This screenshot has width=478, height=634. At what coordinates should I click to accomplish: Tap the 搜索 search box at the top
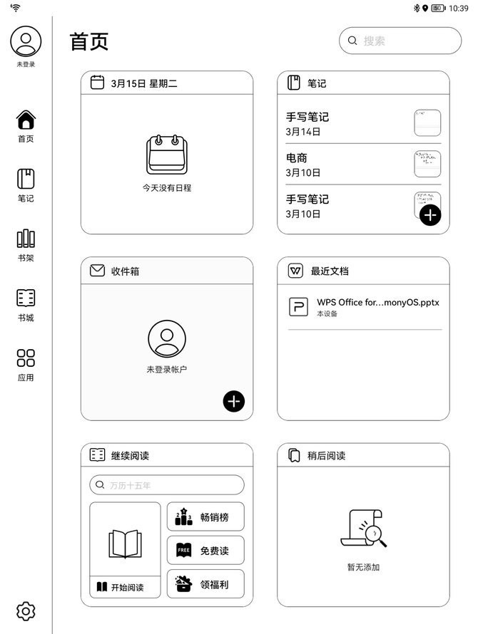(400, 41)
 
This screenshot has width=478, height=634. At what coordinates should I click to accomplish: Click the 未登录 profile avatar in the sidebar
(26, 41)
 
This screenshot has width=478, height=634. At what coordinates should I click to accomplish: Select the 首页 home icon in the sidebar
(26, 120)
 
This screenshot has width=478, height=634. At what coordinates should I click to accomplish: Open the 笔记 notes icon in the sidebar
(26, 179)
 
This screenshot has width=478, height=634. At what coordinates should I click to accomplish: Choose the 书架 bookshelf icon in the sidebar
(26, 239)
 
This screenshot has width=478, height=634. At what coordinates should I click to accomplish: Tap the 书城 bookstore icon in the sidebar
(26, 298)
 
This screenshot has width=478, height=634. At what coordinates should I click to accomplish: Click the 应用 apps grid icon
(26, 358)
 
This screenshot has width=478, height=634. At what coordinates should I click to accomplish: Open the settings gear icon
(26, 611)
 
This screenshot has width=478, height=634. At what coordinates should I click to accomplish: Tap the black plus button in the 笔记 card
(430, 214)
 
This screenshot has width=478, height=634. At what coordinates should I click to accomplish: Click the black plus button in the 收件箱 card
(234, 401)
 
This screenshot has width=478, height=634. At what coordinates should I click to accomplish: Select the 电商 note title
(297, 157)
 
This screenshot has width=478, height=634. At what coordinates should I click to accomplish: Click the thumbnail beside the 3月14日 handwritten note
(427, 123)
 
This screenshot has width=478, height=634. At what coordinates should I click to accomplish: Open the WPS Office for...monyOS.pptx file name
(378, 303)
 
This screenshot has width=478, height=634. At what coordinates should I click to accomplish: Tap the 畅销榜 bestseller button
(205, 516)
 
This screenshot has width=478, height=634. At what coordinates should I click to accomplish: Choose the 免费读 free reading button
(205, 550)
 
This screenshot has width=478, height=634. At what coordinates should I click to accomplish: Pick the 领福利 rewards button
(205, 583)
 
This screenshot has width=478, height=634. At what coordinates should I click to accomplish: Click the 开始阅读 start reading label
(128, 587)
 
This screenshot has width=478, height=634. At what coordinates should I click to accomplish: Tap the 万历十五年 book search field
(167, 485)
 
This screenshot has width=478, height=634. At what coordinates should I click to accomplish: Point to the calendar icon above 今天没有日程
(167, 155)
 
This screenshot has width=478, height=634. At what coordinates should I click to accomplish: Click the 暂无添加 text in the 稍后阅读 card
(363, 567)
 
